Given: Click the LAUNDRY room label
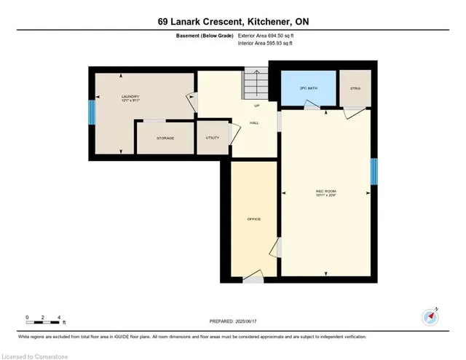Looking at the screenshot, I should [130, 96].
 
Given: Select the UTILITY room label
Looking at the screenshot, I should [213, 137].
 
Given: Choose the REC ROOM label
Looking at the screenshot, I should [325, 192].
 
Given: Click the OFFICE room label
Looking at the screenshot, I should [253, 219].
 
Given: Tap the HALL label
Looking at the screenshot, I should [254, 122].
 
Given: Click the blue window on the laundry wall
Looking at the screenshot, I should [92, 113].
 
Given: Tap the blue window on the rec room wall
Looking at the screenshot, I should [374, 173].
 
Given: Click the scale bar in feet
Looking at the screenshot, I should [44, 318].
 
